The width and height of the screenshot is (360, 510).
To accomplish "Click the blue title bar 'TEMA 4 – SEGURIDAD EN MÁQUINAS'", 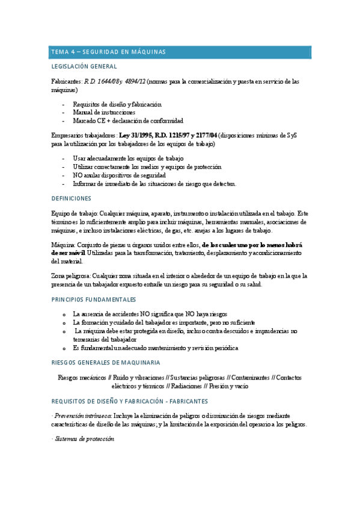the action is click(180, 52).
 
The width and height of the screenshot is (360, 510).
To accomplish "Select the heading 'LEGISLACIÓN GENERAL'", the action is click(84, 67).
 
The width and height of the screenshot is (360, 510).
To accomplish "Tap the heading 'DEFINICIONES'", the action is click(71, 198).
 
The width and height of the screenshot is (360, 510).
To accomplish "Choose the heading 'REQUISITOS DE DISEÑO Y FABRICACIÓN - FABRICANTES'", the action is click(130, 401).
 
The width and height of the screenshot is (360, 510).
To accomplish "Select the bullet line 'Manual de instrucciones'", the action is click(104, 112).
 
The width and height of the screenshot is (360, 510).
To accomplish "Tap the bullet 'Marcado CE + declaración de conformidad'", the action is click(128, 120).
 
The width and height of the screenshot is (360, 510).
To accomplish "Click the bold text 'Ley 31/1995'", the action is click(136, 136).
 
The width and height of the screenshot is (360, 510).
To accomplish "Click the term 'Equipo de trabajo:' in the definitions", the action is click(75, 214).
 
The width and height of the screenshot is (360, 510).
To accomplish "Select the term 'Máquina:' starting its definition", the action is click(64, 245).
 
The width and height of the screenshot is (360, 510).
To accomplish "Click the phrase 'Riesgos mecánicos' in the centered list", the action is click(82, 378).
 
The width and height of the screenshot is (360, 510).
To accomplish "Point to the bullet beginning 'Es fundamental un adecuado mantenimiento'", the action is click(156, 348).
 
